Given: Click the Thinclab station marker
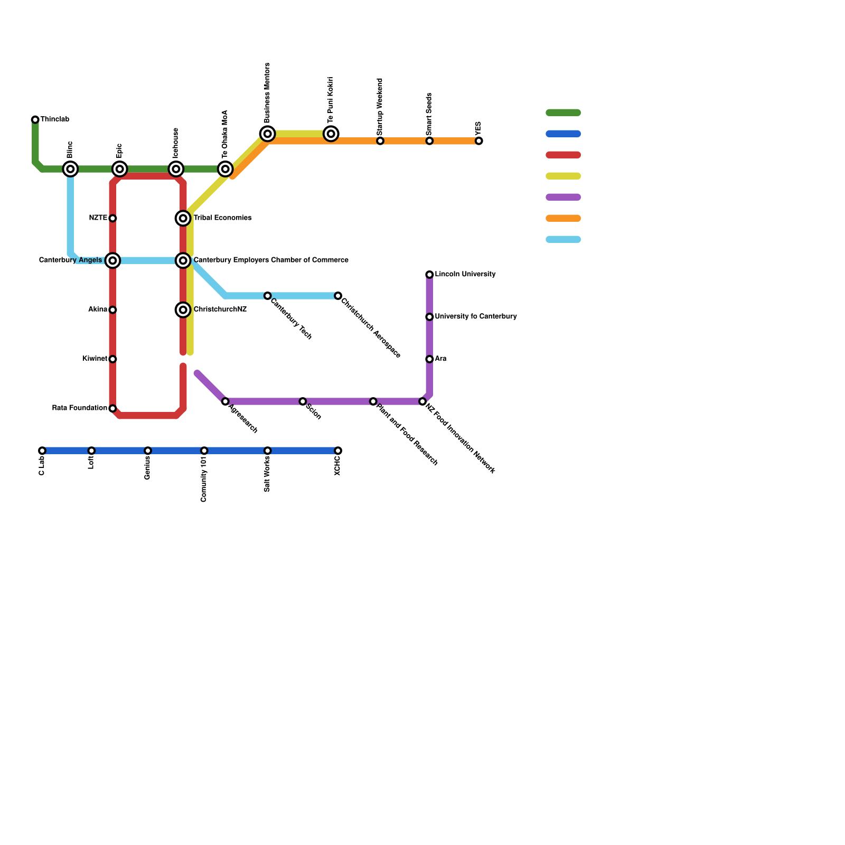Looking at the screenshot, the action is click(35, 120).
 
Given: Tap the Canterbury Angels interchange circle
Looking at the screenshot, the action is click(112, 260).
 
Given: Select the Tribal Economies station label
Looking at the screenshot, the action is click(222, 218).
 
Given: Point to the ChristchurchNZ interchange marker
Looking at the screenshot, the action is click(183, 310).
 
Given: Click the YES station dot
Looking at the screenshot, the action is click(478, 141).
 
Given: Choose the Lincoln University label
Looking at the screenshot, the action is click(465, 275).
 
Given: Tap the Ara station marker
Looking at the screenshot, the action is click(429, 359).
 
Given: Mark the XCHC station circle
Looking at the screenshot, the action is click(338, 450).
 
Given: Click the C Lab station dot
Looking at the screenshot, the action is click(42, 450).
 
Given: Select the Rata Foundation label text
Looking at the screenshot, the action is click(80, 408).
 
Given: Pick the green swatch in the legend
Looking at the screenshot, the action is click(563, 112).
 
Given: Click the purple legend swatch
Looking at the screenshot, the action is click(563, 197).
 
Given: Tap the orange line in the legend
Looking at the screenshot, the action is click(563, 218).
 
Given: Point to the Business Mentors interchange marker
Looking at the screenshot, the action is click(268, 134).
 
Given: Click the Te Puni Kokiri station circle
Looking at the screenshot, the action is click(331, 134).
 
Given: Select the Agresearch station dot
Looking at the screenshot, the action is click(226, 401).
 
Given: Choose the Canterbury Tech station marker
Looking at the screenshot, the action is click(268, 296).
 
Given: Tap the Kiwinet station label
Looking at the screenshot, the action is click(95, 359).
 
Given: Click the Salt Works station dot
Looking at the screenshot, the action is click(268, 450).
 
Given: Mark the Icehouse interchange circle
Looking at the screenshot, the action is click(176, 169).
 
